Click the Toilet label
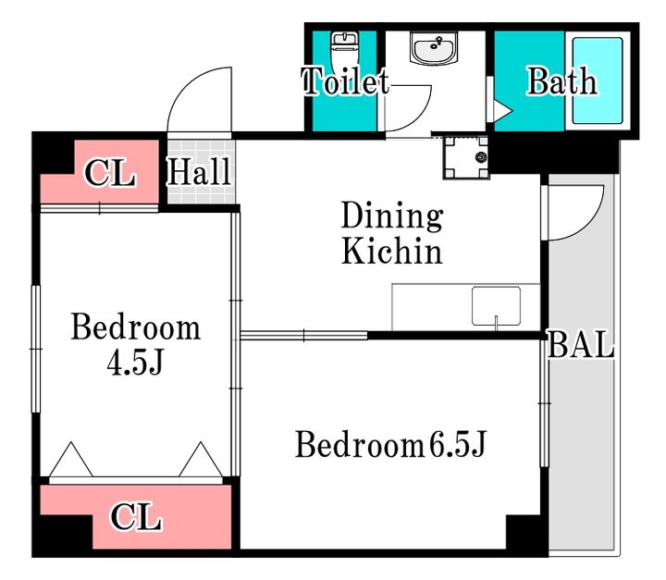coord(345,80)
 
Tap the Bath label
coord(562,80)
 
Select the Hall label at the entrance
coord(199,171)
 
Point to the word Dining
coord(392,216)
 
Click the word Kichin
coord(392,251)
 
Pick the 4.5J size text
coord(135,362)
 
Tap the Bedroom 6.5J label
coord(390,444)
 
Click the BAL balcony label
coord(581,344)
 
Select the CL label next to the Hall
coord(110,172)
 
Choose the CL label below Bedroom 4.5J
coord(136,517)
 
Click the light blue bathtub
coord(598,80)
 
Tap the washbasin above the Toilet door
coord(434,48)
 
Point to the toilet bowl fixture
coord(344,51)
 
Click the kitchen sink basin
coord(496,306)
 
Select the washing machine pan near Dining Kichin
coord(466,157)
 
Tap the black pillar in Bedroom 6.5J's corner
coord(526,533)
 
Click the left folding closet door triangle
coord(71,460)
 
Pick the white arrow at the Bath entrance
coord(503,110)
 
